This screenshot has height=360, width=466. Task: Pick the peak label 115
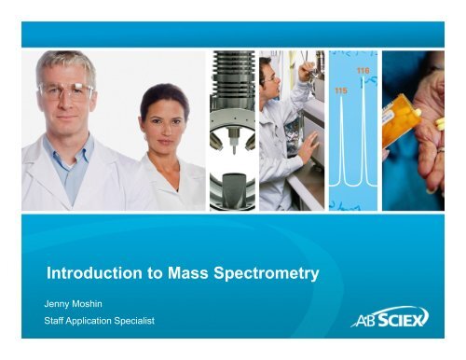pyautogui.click(x=342, y=92)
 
